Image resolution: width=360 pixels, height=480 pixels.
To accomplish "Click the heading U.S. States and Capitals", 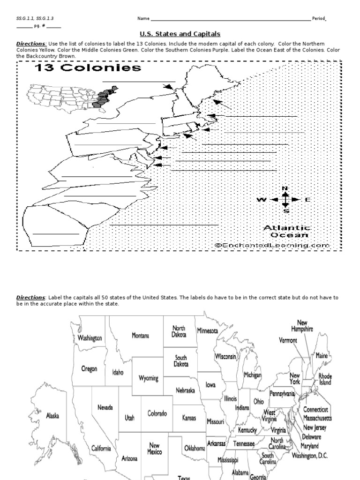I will coord(180,34).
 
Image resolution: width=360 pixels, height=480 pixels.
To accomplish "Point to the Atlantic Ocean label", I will coord(286,231).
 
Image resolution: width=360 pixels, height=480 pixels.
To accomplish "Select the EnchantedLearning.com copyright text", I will coord(272,245).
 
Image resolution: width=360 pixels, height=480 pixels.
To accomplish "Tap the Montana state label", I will coord(140,336).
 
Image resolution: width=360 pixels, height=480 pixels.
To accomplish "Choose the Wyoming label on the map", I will coord(149,378).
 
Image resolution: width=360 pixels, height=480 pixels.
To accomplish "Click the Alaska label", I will coord(52,415).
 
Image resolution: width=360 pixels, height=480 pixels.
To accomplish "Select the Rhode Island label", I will coord(325,379).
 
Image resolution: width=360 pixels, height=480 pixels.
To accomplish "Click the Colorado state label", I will coord(157,413).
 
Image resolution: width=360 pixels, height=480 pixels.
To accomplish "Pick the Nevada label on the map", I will coord(105,408).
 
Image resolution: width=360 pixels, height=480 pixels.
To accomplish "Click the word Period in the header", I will coord(318,19).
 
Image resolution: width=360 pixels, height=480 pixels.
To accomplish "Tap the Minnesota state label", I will coord(208,331).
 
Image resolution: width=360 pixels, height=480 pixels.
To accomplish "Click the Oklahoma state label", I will coord(194,448).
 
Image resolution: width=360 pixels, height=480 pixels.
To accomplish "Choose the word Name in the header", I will coord(143,19).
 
